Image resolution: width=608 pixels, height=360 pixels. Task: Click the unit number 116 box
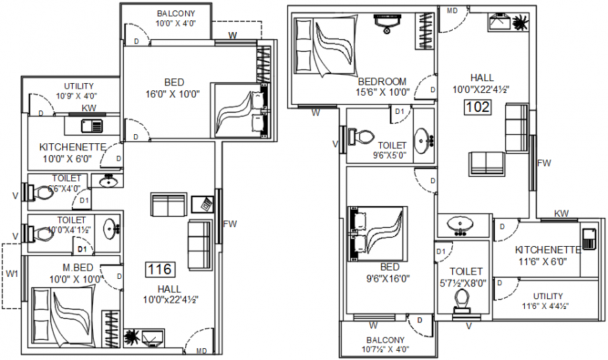coord(160,269)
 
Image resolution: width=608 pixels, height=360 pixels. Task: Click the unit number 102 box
coord(478,107)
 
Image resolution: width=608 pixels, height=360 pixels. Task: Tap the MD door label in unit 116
coord(202,351)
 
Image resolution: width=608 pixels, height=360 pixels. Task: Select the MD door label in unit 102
coord(452,11)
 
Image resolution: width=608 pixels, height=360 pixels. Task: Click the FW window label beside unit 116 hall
coord(230,224)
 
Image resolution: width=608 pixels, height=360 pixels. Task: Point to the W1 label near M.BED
coord(12,274)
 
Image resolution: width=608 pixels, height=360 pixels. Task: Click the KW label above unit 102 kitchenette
coord(561,213)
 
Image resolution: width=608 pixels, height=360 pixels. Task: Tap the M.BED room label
coord(78,268)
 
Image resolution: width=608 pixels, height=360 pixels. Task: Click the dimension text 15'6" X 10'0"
coord(383,92)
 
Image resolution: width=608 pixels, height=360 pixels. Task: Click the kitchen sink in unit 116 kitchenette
coord(92,126)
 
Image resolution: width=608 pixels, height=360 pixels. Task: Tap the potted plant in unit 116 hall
coord(132,337)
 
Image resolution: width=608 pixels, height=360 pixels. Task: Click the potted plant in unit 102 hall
coord(519,22)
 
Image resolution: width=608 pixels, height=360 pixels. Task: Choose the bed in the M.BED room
coord(63,317)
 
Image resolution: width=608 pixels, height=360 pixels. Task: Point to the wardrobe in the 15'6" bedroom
coord(425,31)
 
